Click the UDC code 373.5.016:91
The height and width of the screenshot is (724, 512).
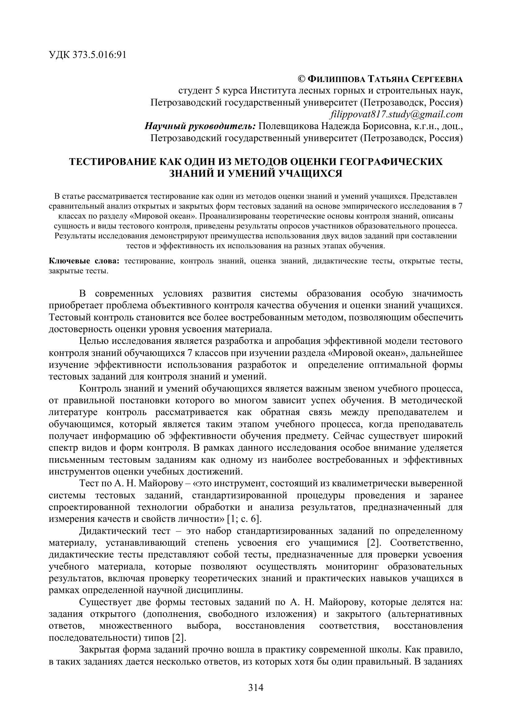pos(99,55)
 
